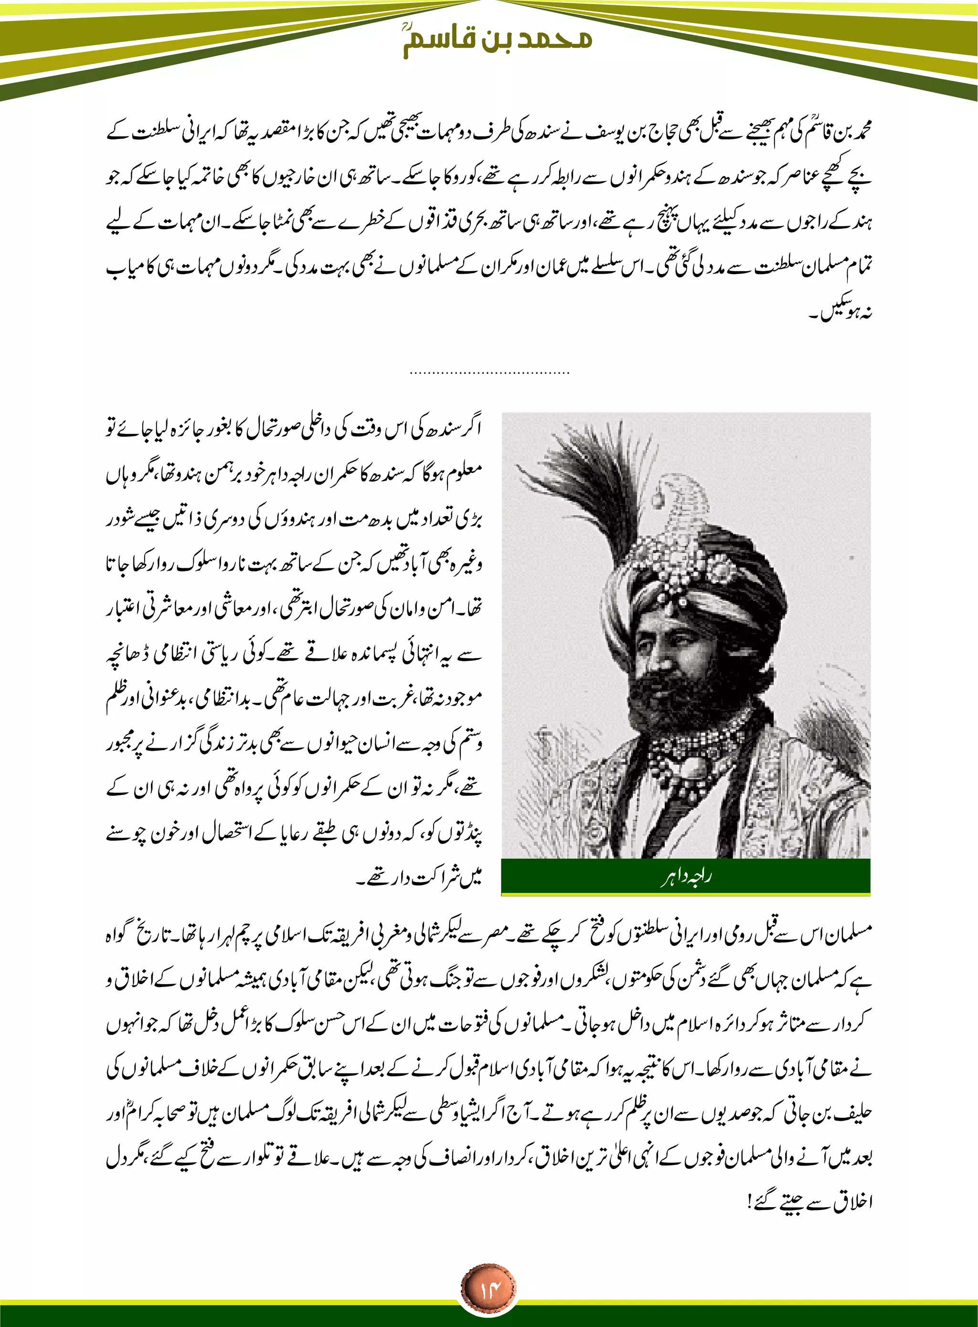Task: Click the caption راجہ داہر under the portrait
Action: point(686,878)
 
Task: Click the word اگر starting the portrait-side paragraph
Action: point(471,427)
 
